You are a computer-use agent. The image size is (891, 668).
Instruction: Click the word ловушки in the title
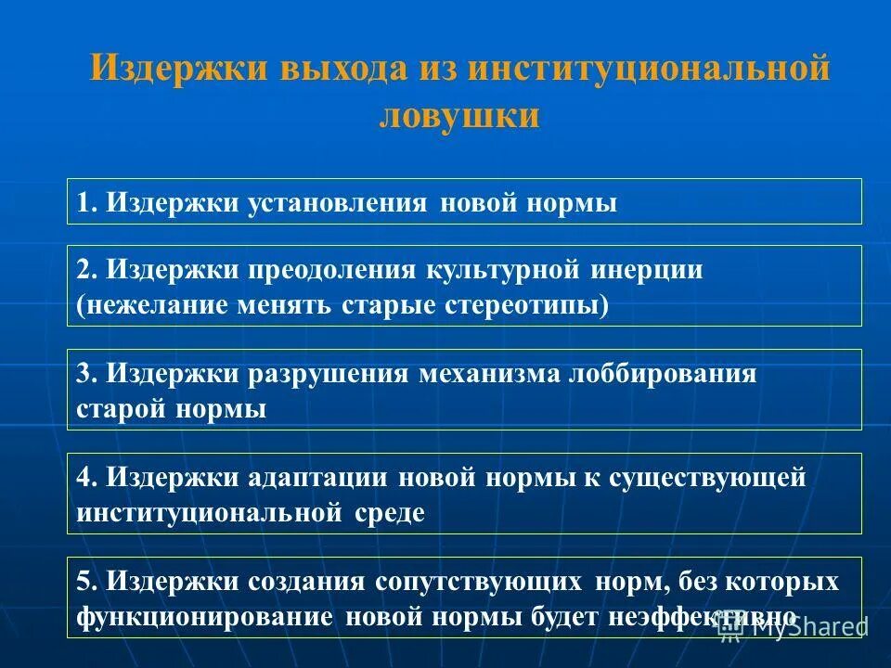459,115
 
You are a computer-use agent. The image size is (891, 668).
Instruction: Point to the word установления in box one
337,202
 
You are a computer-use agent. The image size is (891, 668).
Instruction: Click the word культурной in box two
501,270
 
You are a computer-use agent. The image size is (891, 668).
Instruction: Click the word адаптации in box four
319,478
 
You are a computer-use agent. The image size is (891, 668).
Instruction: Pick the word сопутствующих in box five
480,582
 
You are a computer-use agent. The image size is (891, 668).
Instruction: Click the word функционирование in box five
201,617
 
